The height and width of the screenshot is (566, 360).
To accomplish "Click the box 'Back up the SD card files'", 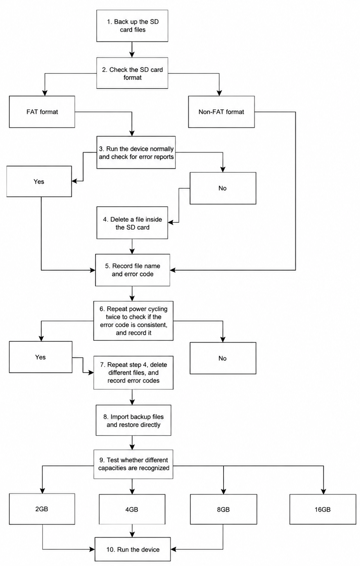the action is click(x=132, y=26).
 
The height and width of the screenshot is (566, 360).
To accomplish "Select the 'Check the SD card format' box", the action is click(x=132, y=73).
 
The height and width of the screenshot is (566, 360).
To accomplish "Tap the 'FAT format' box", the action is click(x=42, y=112).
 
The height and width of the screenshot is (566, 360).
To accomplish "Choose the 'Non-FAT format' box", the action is click(x=221, y=112).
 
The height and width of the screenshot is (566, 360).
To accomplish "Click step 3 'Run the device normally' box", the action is click(x=136, y=152).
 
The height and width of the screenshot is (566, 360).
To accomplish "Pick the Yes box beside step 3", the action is click(x=39, y=181).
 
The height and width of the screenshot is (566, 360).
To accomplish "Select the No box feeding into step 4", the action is click(x=223, y=188).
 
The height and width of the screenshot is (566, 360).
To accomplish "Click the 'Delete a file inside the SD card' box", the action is click(x=132, y=223).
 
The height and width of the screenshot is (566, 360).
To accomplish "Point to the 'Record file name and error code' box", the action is click(x=132, y=270).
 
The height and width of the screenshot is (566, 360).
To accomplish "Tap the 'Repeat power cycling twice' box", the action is click(x=134, y=321).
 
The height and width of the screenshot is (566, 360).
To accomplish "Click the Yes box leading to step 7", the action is click(x=41, y=357).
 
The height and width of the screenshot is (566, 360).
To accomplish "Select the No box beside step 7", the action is click(x=223, y=358).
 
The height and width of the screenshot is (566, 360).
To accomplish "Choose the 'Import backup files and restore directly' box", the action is click(x=134, y=421).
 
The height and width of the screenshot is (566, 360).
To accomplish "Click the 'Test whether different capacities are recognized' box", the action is click(x=134, y=464).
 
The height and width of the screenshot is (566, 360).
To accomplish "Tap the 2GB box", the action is click(x=42, y=509).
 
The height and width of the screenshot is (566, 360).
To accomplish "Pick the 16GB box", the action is click(x=323, y=510).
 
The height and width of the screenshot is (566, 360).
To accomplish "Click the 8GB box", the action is click(x=224, y=510).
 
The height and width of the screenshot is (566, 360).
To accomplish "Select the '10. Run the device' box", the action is click(x=133, y=549).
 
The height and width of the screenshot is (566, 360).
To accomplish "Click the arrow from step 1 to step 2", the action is click(x=132, y=50).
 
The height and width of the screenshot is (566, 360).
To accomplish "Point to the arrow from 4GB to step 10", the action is click(x=132, y=531).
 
